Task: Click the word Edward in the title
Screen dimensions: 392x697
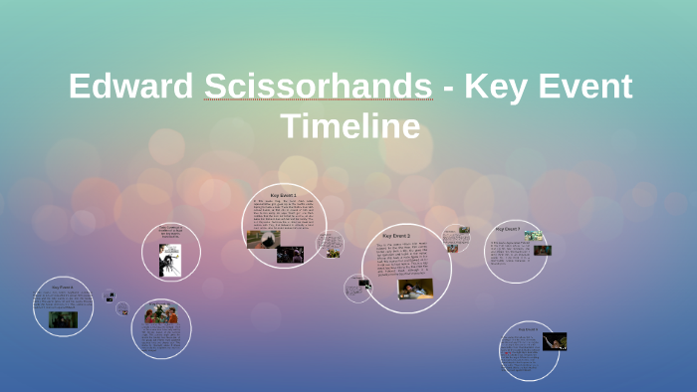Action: [131, 87]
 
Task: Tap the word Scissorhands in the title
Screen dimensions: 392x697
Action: [319, 87]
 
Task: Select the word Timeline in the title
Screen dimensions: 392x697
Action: [349, 126]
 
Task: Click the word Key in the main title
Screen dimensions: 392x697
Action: [489, 87]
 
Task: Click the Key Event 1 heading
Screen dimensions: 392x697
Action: [284, 195]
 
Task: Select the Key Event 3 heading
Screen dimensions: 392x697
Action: [395, 236]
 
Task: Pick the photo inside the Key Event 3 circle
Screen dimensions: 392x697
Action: [416, 289]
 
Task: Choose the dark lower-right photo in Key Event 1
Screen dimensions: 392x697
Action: [290, 254]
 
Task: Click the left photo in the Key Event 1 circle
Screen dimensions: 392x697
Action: [257, 239]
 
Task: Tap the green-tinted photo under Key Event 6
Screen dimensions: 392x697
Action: [63, 319]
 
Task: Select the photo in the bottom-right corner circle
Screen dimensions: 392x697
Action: [555, 341]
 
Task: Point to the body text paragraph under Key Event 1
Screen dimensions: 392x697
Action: [283, 214]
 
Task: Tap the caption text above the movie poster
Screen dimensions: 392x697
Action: [171, 232]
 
